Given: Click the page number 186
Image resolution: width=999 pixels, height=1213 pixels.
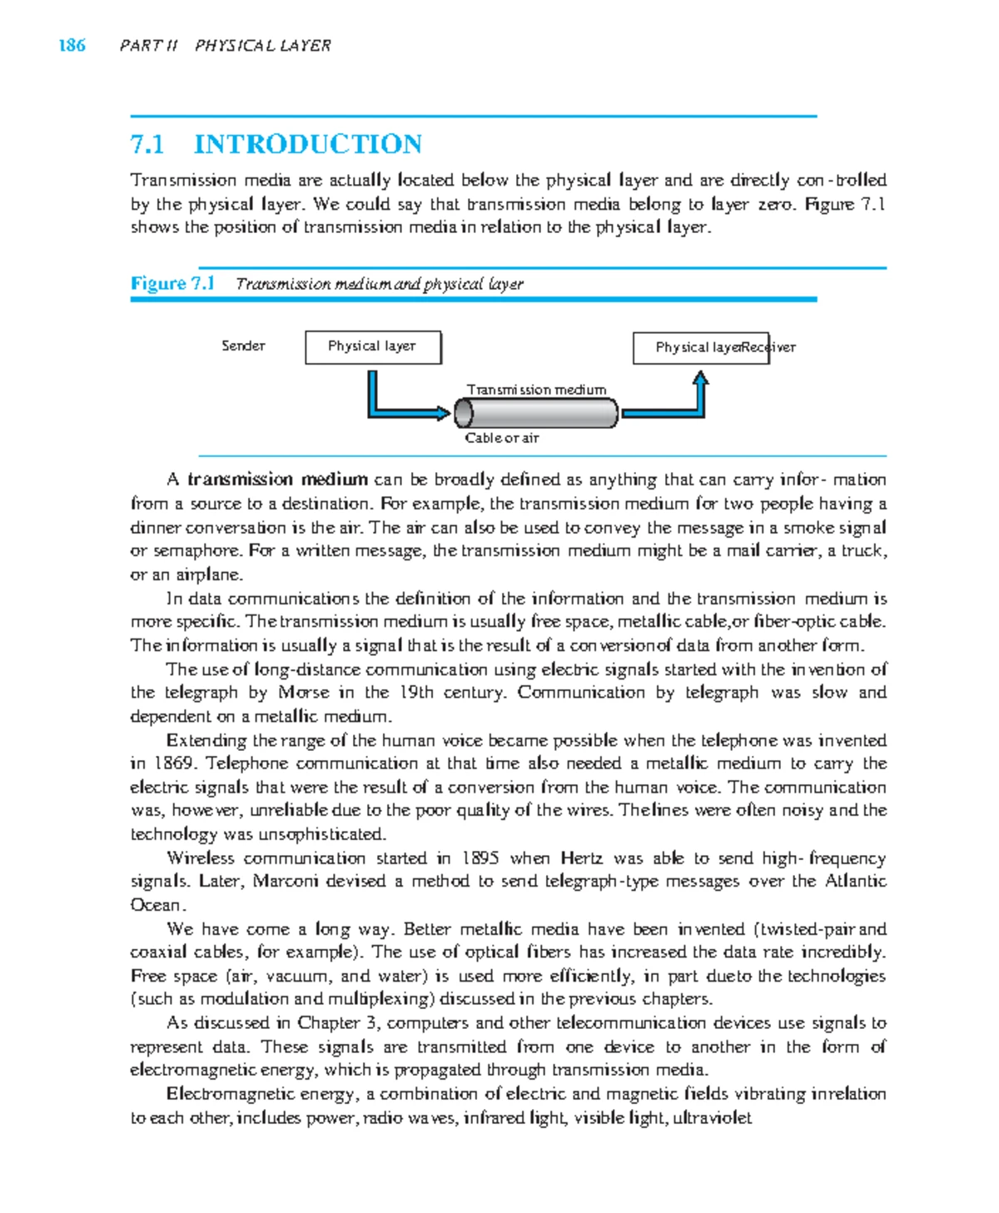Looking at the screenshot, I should pyautogui.click(x=72, y=45).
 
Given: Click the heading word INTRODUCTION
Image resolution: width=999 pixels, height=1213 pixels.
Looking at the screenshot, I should pyautogui.click(x=307, y=144).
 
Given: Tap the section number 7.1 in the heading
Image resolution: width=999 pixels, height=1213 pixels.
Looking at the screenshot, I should pyautogui.click(x=147, y=144).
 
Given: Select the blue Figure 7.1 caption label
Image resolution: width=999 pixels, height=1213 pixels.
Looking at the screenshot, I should pyautogui.click(x=172, y=283).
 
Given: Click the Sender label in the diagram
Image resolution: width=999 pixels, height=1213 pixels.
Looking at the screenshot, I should pyautogui.click(x=243, y=346).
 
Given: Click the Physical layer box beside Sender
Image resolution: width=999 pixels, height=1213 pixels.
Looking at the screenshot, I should pyautogui.click(x=372, y=347).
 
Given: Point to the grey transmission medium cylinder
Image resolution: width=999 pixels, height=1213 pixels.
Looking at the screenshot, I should pyautogui.click(x=536, y=413).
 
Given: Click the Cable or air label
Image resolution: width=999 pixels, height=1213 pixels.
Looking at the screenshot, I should pyautogui.click(x=501, y=438).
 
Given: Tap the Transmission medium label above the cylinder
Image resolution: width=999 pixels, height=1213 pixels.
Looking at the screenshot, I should pyautogui.click(x=536, y=390).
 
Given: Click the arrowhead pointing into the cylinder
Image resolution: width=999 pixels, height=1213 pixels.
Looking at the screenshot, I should pyautogui.click(x=442, y=413).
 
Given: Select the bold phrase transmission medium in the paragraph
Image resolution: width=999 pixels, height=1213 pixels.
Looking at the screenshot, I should pyautogui.click(x=277, y=480).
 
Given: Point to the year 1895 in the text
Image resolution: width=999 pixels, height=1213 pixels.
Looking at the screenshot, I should pyautogui.click(x=480, y=858).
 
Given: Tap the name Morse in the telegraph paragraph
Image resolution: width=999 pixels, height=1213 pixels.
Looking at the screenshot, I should pyautogui.click(x=303, y=693).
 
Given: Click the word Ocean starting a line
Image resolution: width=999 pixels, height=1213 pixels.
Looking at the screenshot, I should pyautogui.click(x=155, y=905).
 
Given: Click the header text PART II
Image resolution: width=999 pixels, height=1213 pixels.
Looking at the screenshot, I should pyautogui.click(x=148, y=46).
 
